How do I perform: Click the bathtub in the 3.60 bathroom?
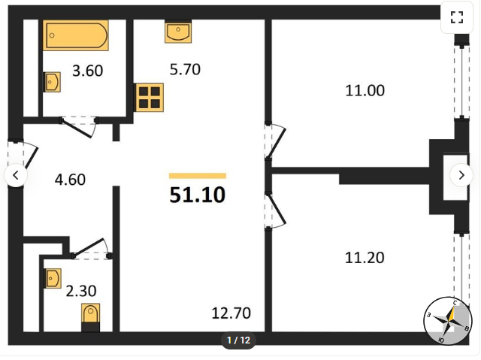75,35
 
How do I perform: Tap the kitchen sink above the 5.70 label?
178,32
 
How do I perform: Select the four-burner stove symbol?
149,98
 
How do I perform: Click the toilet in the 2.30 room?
90,317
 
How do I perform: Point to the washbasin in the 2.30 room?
53,278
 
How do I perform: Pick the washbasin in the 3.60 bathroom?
52,82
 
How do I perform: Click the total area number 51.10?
198,195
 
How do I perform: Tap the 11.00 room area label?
365,91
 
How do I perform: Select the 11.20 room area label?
365,258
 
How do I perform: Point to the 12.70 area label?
231,313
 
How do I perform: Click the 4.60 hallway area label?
70,180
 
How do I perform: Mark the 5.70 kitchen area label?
185,69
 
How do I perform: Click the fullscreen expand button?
457,17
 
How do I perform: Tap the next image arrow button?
461,175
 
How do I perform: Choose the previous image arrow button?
16,175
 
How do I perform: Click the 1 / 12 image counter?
239,340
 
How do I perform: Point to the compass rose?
448,321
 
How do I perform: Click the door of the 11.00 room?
275,141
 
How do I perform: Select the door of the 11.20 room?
275,210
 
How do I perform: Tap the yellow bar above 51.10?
198,176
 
